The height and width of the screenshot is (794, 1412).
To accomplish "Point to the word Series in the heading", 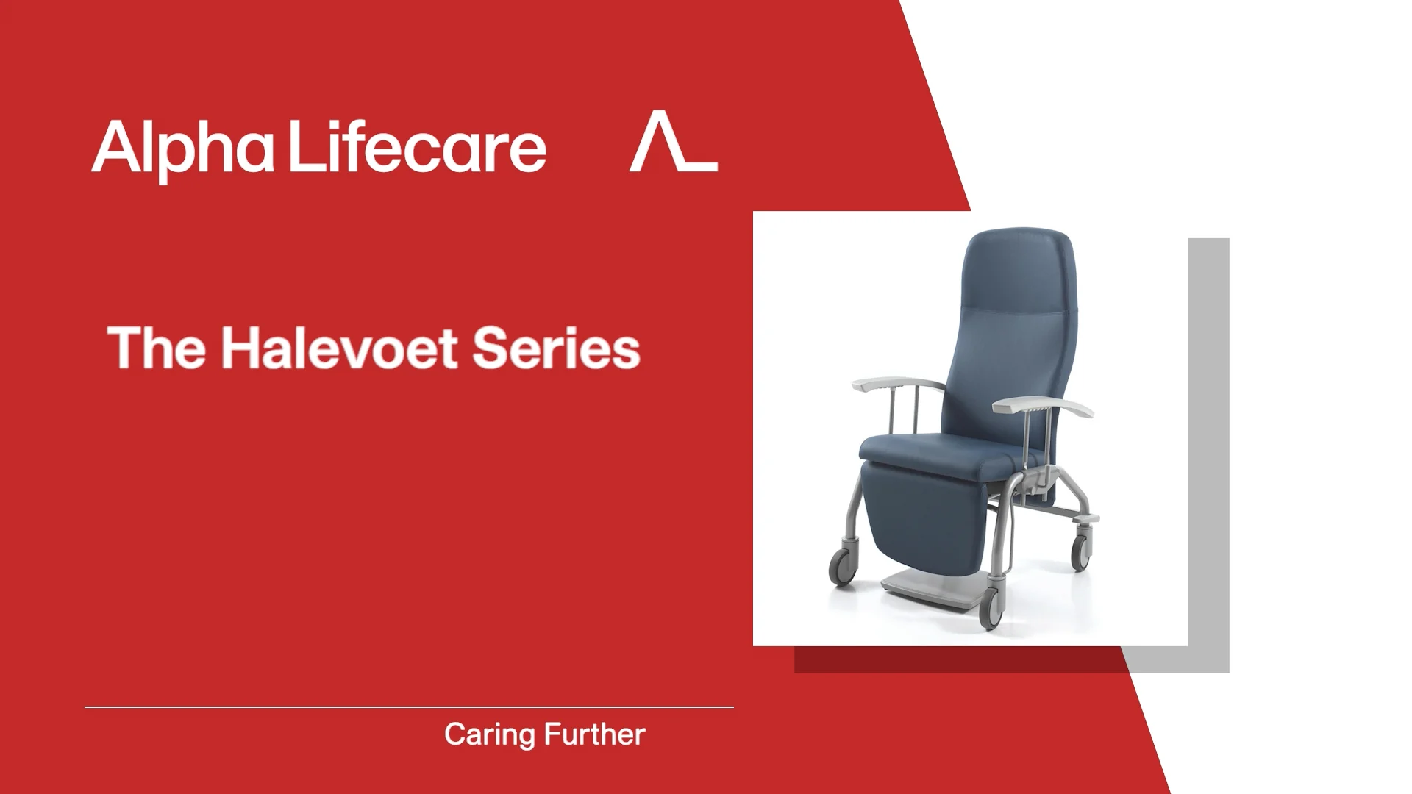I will coord(556,348).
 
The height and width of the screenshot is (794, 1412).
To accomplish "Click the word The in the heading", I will coord(157,348).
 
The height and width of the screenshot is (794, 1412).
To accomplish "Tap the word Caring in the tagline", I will coord(490,734).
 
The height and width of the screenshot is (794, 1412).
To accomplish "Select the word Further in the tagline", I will coord(595,734).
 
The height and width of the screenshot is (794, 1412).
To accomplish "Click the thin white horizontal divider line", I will coord(409,707).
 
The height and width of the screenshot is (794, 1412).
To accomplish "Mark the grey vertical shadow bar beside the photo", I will coord(1209,441).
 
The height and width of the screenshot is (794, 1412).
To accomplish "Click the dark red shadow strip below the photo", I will coord(956,659).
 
